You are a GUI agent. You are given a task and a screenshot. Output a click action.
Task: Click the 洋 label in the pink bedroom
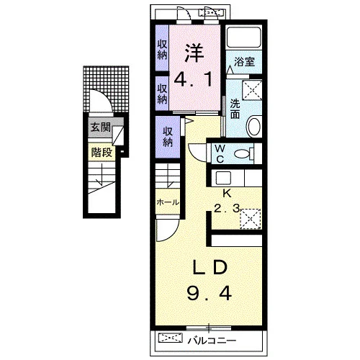click(x=194, y=53)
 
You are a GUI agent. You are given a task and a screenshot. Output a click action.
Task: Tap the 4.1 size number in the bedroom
click(x=193, y=80)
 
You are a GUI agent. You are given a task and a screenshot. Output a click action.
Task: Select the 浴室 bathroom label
click(x=244, y=62)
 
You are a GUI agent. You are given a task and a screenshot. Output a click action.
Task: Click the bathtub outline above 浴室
click(x=244, y=37)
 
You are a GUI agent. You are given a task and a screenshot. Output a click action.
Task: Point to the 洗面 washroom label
click(x=235, y=109)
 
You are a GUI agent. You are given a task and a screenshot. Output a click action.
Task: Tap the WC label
click(x=220, y=154)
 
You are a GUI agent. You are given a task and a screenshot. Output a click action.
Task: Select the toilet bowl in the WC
click(x=242, y=153)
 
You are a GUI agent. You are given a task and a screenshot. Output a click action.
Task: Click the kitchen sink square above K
click(x=223, y=178)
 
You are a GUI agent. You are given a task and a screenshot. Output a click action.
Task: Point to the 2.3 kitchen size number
click(x=227, y=209)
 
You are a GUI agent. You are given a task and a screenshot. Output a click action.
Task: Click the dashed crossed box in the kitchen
click(x=251, y=219)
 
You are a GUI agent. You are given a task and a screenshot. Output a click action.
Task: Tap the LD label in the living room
click(x=210, y=267)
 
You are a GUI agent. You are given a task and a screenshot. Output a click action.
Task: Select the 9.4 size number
click(x=210, y=294)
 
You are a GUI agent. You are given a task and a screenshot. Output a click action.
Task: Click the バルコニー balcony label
click(x=212, y=341)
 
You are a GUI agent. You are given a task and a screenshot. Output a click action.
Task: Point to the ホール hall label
click(x=168, y=202)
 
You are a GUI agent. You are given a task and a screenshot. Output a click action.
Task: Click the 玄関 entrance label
click(x=100, y=127)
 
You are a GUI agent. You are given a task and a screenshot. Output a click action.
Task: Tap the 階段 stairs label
click(x=102, y=152)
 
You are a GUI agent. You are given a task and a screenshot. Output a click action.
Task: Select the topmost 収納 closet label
click(x=162, y=50)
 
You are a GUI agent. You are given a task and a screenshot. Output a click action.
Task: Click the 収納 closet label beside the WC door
click(x=168, y=137)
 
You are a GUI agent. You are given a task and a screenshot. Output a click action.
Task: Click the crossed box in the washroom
click(x=252, y=90)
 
